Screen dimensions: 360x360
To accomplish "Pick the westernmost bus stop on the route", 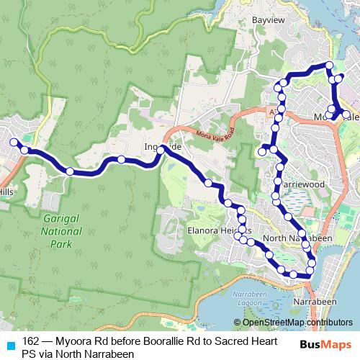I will click(x=13, y=142).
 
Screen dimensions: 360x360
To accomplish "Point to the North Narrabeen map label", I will click(x=295, y=238).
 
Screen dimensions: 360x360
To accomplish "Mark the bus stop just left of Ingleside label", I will click(x=122, y=159).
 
